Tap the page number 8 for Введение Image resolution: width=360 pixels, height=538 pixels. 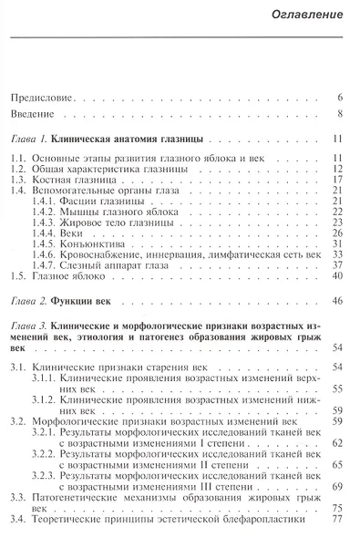[338, 114]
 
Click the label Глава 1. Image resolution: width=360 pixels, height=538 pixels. [27, 141]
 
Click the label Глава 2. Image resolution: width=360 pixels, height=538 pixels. [27, 301]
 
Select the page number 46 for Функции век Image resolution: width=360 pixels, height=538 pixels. [335, 301]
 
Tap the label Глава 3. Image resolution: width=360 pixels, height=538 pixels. [27, 327]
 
